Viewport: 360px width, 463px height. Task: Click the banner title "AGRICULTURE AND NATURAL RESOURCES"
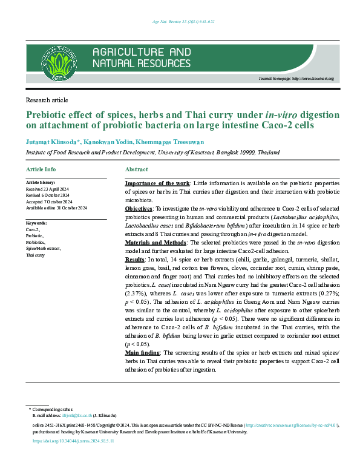(141, 57)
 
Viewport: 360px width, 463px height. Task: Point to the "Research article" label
(47, 100)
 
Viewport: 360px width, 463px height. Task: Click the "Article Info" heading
(41, 169)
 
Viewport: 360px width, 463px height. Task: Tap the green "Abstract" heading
(136, 169)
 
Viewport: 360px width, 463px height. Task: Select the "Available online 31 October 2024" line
(57, 208)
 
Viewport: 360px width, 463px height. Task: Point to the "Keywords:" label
(37, 223)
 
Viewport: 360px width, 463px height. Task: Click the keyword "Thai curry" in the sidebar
(35, 255)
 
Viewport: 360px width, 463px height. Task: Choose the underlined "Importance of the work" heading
(157, 183)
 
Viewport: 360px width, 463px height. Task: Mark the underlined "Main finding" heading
(143, 352)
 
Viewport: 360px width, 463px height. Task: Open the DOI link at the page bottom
(73, 442)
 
